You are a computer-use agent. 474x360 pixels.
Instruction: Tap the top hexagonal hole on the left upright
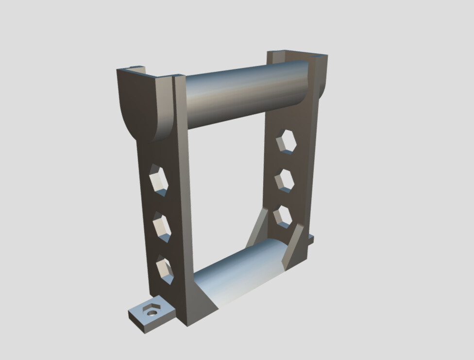click(158, 180)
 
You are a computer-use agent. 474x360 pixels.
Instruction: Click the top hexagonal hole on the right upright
click(286, 142)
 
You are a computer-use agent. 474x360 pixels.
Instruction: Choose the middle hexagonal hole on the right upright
click(285, 180)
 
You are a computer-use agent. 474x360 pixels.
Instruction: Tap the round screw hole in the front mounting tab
click(152, 312)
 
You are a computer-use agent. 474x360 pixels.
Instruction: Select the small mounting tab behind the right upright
click(310, 239)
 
